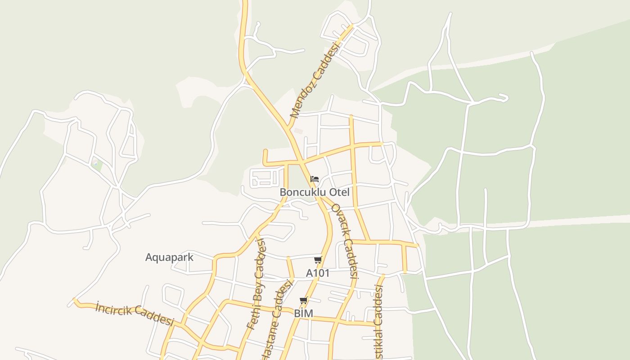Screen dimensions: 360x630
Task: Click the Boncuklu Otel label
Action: click(x=315, y=192)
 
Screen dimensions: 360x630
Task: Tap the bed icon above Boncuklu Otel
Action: click(x=315, y=180)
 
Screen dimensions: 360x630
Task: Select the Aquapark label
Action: click(x=169, y=257)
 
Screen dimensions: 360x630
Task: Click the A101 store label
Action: click(x=318, y=273)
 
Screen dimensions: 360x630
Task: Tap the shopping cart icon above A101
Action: click(x=318, y=260)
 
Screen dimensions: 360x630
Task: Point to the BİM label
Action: click(x=303, y=313)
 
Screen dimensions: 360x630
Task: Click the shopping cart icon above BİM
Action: click(x=304, y=301)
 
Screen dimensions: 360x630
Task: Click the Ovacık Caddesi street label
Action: click(x=345, y=241)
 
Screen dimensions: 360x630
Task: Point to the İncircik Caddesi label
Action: click(x=135, y=313)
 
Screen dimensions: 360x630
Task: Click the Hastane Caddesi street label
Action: click(x=278, y=319)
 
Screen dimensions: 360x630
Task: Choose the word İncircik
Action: click(x=113, y=309)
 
